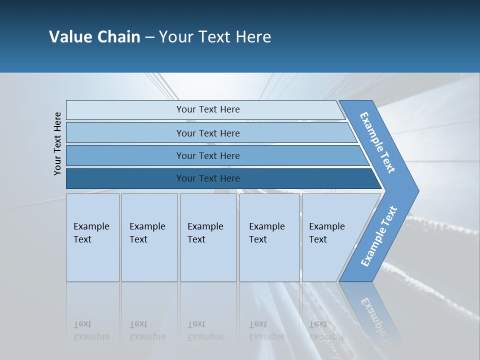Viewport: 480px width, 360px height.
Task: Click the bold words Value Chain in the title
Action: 94,37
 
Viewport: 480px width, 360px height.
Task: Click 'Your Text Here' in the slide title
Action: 215,37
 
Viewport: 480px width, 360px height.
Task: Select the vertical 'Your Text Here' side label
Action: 57,143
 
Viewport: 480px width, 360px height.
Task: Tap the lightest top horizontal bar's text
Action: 208,109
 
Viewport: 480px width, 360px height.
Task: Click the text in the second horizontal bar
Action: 208,133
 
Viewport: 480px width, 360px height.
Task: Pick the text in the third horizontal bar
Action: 208,156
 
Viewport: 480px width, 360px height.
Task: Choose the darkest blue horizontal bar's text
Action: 208,178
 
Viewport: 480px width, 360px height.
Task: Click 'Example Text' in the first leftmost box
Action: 91,233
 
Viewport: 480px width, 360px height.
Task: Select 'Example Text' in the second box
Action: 147,233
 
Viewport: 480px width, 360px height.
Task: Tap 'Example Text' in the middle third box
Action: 205,233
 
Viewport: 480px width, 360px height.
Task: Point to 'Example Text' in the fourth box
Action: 266,233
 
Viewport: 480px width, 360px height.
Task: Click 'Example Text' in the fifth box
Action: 326,233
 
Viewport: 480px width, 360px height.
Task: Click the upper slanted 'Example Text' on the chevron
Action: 377,142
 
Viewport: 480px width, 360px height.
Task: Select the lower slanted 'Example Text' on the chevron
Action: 379,236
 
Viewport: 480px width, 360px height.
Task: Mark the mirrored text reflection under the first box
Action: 91,330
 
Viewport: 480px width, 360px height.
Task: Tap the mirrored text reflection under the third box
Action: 205,330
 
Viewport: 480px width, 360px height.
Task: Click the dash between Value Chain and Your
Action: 149,37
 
